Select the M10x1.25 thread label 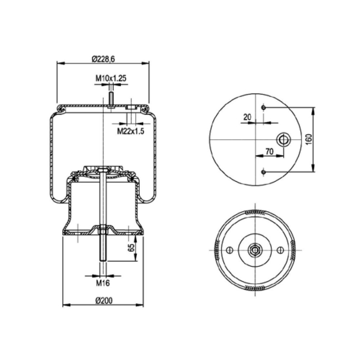pyautogui.click(x=111, y=78)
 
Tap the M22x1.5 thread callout pyautogui.click(x=130, y=131)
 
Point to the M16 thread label pyautogui.click(x=103, y=283)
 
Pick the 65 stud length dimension pyautogui.click(x=131, y=248)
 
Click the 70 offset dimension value pyautogui.click(x=269, y=152)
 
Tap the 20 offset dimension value pyautogui.click(x=247, y=117)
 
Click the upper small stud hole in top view pyautogui.click(x=264, y=108)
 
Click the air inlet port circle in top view pyautogui.click(x=283, y=139)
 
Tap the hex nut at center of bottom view pyautogui.click(x=255, y=249)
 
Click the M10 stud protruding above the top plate pyautogui.click(x=111, y=99)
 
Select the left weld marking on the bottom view pyautogui.click(x=217, y=249)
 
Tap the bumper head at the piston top pyautogui.click(x=103, y=169)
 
